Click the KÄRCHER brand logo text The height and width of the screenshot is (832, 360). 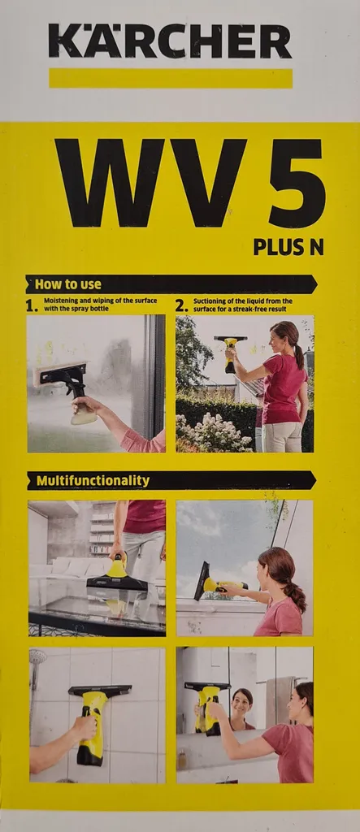[x=170, y=41]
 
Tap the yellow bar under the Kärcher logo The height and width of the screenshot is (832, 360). [x=170, y=78]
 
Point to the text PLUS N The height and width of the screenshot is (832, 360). [x=288, y=246]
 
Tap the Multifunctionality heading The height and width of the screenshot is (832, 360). [x=93, y=480]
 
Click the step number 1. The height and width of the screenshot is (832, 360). [x=32, y=306]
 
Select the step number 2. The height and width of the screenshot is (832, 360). [x=181, y=306]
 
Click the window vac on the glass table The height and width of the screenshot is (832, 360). [x=118, y=578]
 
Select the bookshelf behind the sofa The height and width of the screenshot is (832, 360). [x=102, y=528]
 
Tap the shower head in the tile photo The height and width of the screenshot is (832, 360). [x=37, y=660]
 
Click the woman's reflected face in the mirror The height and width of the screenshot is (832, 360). [x=242, y=700]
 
